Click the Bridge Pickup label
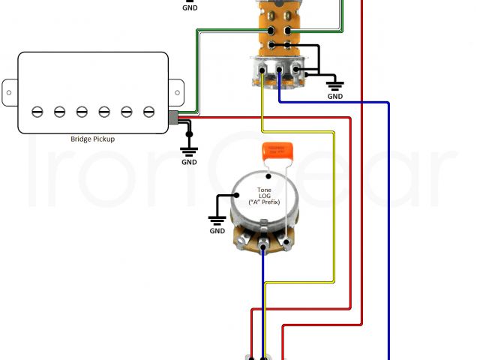pos(92,139)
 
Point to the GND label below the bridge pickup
pos(189,162)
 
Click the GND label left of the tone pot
pos(217,231)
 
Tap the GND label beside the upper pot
pos(334,96)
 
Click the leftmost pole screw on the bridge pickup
pos(37,111)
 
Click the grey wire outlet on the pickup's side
pos(173,117)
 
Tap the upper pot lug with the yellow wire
pos(262,73)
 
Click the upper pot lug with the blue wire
pos(279,73)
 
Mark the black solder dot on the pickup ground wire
pos(189,134)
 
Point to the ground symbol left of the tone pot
pos(217,219)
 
